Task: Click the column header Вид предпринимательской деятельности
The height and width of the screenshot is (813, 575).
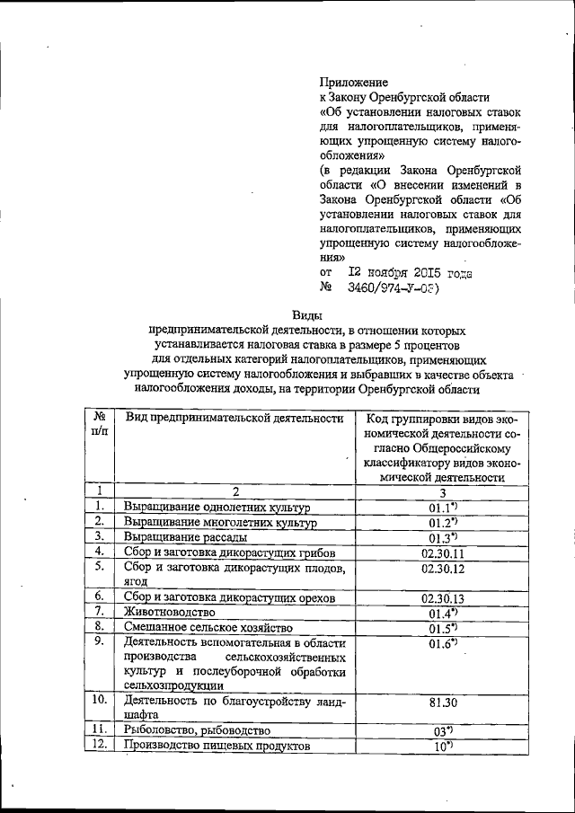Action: (x=234, y=418)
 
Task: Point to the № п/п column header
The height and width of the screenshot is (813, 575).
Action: (x=100, y=425)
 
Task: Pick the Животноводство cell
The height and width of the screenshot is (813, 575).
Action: (x=169, y=612)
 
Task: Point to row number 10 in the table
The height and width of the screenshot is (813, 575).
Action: (x=100, y=700)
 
